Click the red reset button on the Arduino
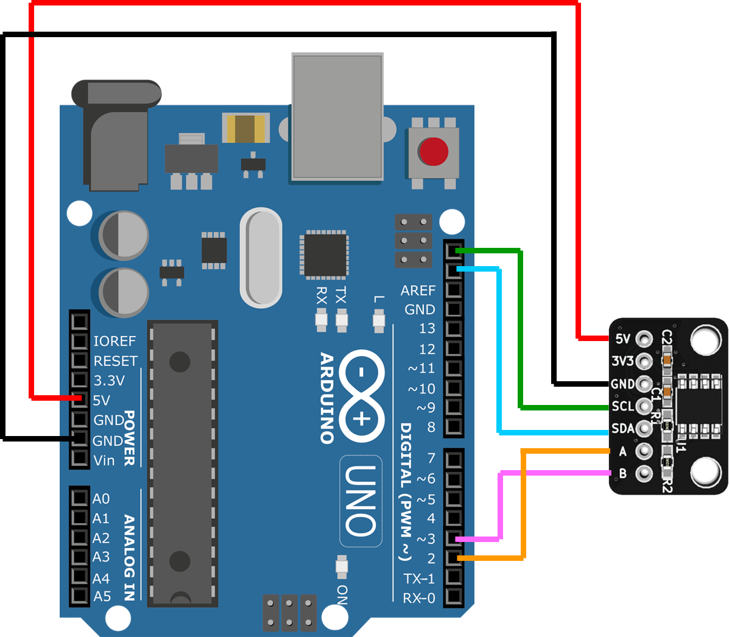click(433, 152)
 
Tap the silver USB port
click(337, 117)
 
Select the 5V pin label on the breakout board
click(622, 339)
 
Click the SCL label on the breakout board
click(622, 406)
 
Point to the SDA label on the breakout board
click(622, 429)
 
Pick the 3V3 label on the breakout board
click(622, 361)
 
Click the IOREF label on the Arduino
click(114, 341)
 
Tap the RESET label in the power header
click(115, 361)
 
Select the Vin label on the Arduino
click(104, 460)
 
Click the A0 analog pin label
click(101, 499)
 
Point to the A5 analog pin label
click(102, 596)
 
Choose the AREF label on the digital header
click(418, 290)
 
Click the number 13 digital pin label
click(427, 329)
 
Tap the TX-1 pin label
click(419, 579)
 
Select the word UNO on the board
click(361, 501)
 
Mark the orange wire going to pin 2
click(523, 505)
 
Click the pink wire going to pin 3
click(501, 505)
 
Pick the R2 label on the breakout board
click(666, 485)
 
